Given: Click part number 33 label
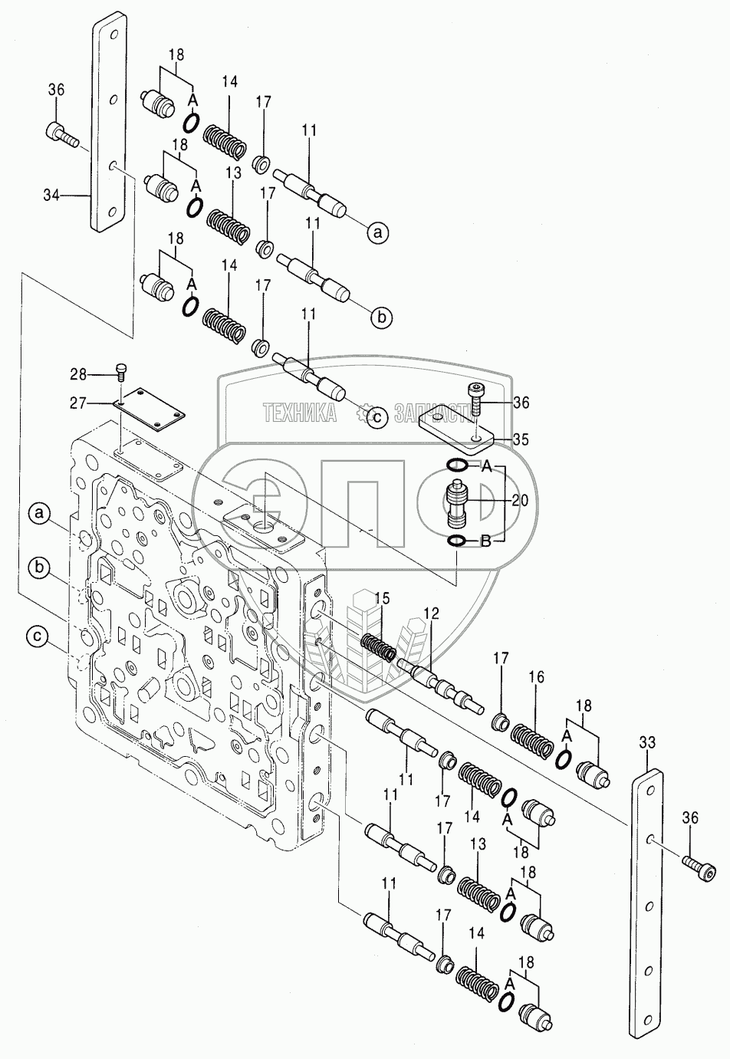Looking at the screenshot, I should click(x=647, y=742).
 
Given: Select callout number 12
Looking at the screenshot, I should click(x=431, y=613).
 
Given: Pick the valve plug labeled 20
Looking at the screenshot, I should click(x=456, y=502).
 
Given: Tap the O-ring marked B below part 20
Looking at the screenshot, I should click(x=455, y=543).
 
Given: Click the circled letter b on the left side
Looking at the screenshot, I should click(x=40, y=567).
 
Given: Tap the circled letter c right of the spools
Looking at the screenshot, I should click(x=376, y=416).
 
